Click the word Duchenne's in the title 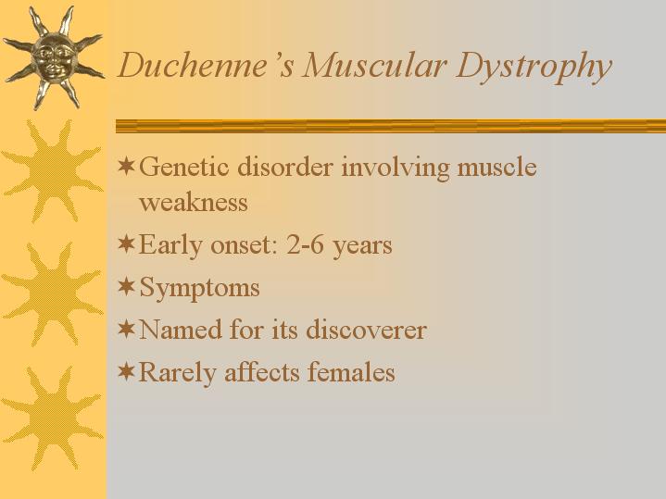tap(205, 66)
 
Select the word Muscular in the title tap(374, 66)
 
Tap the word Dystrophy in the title tap(534, 68)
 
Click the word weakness tap(194, 201)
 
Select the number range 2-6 tap(305, 244)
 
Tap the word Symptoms tap(199, 288)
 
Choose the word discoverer tap(366, 330)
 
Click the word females tap(351, 371)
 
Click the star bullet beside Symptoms tap(126, 286)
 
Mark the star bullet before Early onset tap(126, 243)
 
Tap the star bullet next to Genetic tap(126, 166)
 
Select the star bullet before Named tap(126, 329)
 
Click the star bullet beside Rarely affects tap(126, 371)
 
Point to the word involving tap(395, 168)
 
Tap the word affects tap(261, 371)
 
